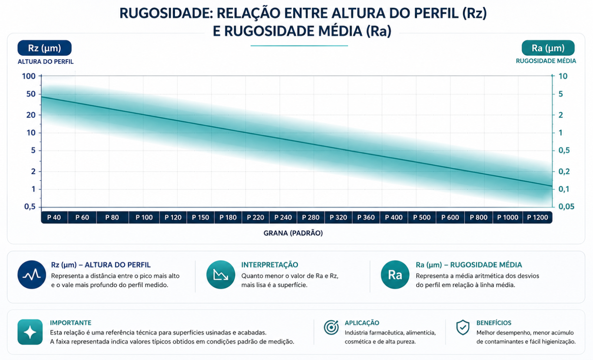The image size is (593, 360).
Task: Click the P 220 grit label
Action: tap(255, 218)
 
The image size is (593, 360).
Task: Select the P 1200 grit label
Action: tap(537, 218)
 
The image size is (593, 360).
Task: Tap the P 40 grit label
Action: tap(54, 218)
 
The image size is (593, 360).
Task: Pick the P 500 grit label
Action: tap(422, 218)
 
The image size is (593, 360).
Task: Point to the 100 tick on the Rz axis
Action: tap(29, 76)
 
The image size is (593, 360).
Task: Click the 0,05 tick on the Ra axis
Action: tap(566, 207)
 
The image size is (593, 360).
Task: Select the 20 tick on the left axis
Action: tap(31, 115)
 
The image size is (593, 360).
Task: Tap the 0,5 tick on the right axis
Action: tap(564, 150)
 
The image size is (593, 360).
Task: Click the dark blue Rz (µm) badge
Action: tap(44, 48)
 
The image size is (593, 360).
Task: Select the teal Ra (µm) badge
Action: tap(548, 48)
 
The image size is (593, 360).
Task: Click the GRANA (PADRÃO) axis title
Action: tap(293, 233)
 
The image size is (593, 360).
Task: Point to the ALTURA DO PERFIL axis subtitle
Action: tap(46, 62)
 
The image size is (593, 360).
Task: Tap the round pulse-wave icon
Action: tap(32, 274)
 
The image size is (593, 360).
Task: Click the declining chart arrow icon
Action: tap(221, 274)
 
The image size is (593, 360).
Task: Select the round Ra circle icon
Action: tap(395, 274)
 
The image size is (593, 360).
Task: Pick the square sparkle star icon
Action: tap(30, 332)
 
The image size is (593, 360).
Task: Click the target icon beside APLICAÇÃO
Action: tap(331, 327)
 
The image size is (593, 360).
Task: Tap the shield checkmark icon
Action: tap(463, 327)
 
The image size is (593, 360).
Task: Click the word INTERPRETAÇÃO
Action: tap(269, 265)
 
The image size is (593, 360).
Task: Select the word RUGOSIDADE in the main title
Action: tap(166, 13)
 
